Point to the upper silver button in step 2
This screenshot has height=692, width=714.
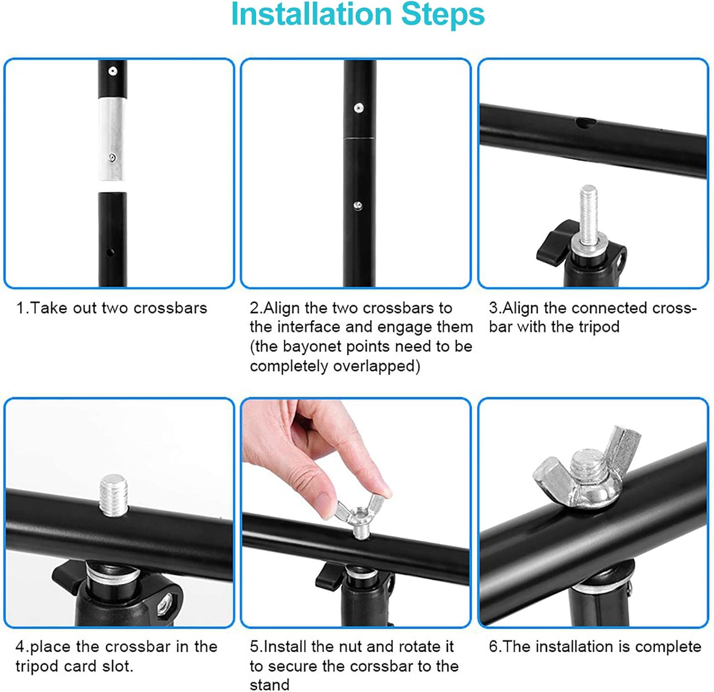tap(358, 108)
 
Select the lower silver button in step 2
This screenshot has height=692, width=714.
tap(358, 205)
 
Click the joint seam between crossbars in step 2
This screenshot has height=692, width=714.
tap(359, 138)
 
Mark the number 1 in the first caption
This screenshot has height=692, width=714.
tap(20, 308)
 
